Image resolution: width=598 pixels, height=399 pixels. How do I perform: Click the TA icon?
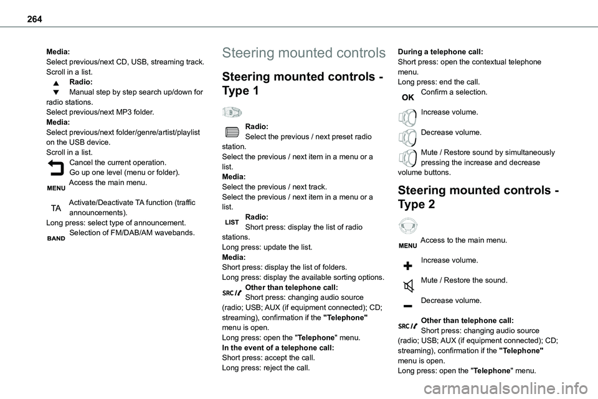pos(55,208)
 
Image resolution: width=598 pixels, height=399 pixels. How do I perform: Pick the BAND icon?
pos(56,238)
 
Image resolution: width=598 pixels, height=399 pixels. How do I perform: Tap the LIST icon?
pos(232,222)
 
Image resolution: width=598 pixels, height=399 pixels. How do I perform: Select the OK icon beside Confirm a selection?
pos(407,97)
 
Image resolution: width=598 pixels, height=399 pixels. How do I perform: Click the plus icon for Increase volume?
pos(407,265)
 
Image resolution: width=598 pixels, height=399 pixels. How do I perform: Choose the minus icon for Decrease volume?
pos(407,305)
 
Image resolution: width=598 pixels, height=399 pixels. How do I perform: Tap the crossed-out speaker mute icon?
pos(407,286)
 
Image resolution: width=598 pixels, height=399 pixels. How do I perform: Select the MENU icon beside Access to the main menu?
pos(407,245)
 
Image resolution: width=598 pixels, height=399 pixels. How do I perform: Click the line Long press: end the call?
pos(430,82)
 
